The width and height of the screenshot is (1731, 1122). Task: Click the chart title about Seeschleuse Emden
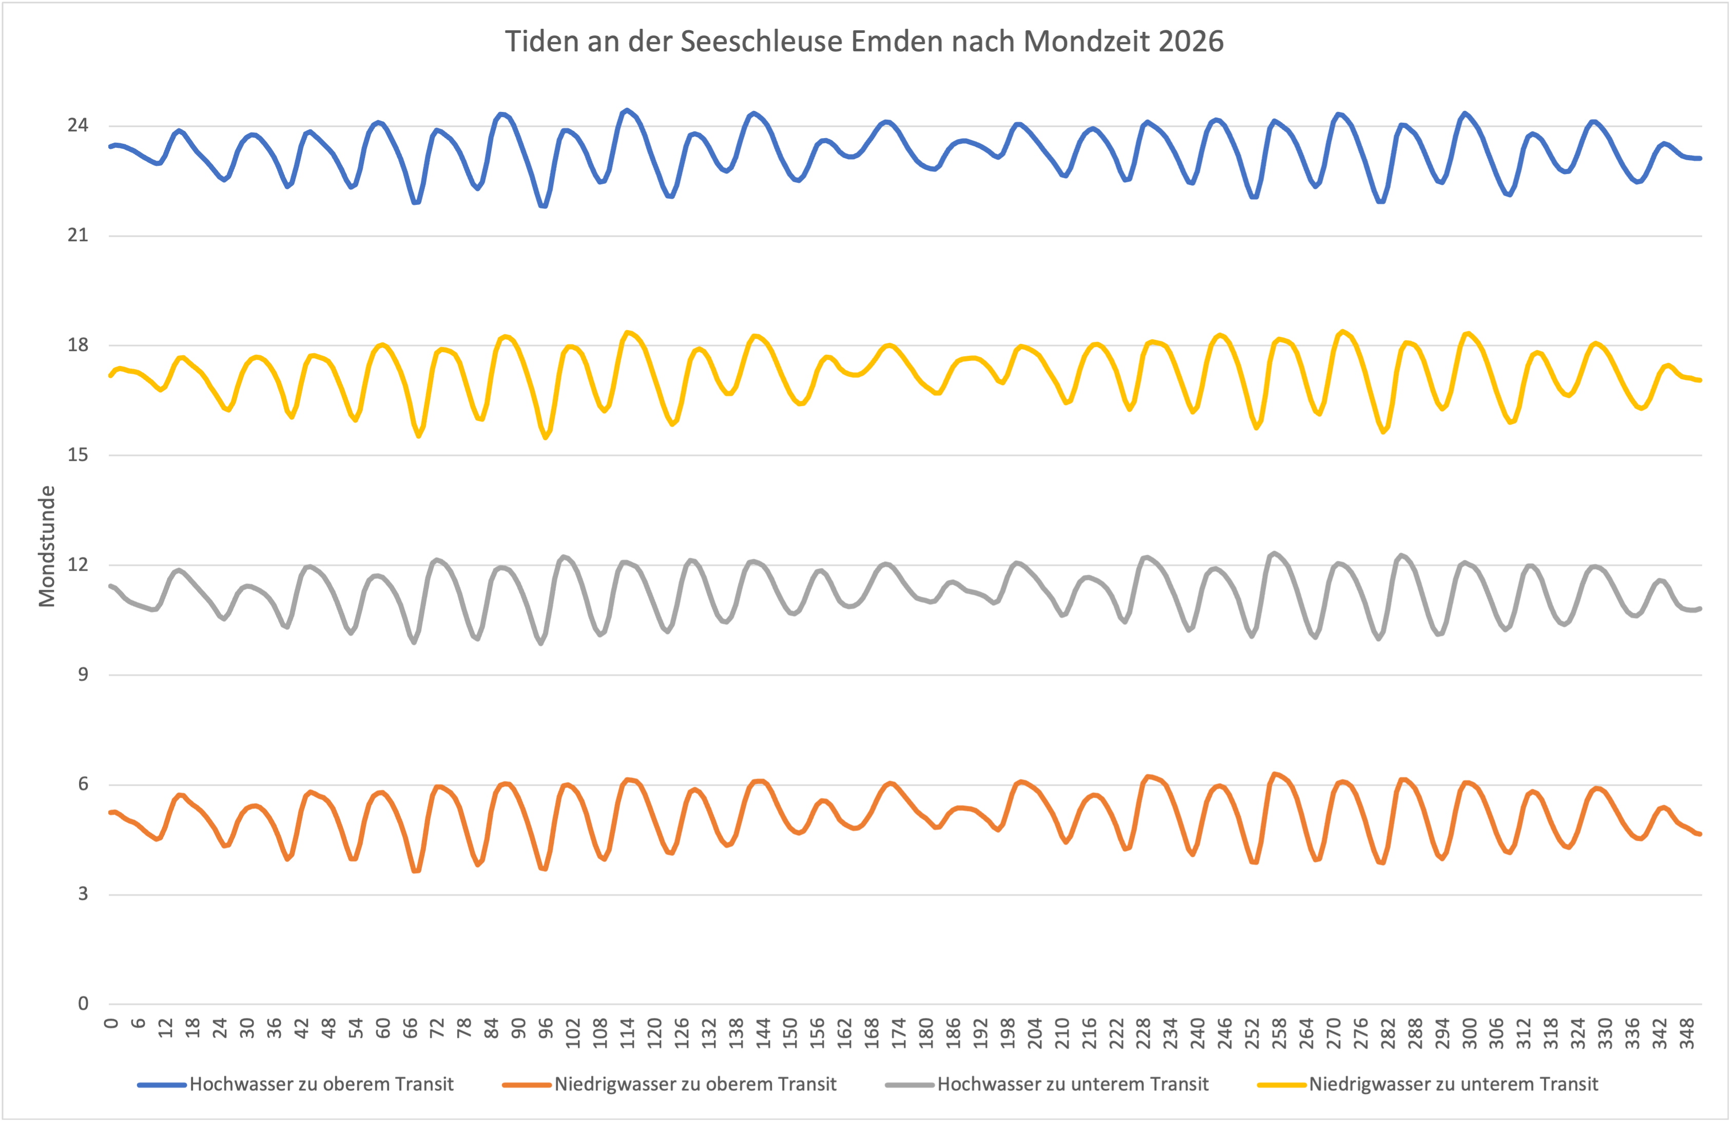click(x=864, y=42)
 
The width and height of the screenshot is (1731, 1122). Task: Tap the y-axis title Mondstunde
click(x=47, y=546)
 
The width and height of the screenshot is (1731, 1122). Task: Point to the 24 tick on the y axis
click(x=78, y=126)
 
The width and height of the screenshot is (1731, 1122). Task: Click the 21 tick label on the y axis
click(x=78, y=235)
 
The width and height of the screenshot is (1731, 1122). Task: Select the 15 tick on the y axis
click(x=78, y=455)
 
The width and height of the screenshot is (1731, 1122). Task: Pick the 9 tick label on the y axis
click(x=83, y=674)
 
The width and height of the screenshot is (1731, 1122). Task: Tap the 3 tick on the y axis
click(x=83, y=894)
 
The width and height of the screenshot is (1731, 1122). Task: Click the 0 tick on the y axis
click(x=83, y=1004)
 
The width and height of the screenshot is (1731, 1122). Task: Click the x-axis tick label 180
click(x=926, y=1033)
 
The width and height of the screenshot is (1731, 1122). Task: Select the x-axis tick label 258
click(x=1279, y=1033)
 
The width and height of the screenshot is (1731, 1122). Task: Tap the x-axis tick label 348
click(x=1687, y=1033)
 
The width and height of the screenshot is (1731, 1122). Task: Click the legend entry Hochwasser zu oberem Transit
click(x=321, y=1084)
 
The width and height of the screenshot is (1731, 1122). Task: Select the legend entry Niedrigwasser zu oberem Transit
click(x=695, y=1084)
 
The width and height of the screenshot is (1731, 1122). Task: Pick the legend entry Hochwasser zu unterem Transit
click(x=1072, y=1084)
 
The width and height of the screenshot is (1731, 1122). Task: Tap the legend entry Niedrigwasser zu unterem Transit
click(x=1453, y=1084)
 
